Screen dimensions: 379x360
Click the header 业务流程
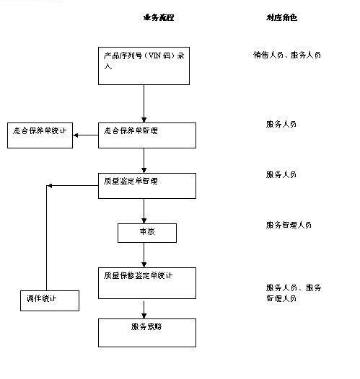coord(159,17)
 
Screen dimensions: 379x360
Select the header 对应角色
coord(281,17)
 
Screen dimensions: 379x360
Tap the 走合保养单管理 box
coord(146,135)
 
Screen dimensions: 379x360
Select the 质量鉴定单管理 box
coord(146,185)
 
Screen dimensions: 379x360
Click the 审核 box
coord(146,233)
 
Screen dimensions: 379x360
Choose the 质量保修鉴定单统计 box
coord(146,282)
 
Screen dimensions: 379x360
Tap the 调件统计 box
coord(49,300)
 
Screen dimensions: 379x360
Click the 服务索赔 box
coord(146,332)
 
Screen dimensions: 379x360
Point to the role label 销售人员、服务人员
coord(286,55)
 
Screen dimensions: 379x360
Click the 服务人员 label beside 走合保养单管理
coord(281,124)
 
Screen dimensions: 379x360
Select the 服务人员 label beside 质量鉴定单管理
coord(281,174)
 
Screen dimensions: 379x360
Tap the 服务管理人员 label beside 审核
coord(289,225)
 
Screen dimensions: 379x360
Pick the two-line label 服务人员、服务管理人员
coord(293,292)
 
